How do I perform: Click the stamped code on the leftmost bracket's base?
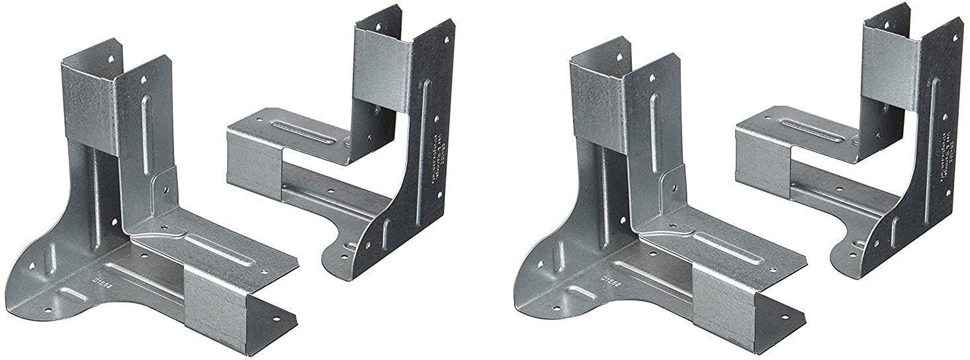(101, 280)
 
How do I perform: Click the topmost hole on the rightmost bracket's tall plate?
(954, 37)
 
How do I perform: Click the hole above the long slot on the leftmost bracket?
(144, 79)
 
